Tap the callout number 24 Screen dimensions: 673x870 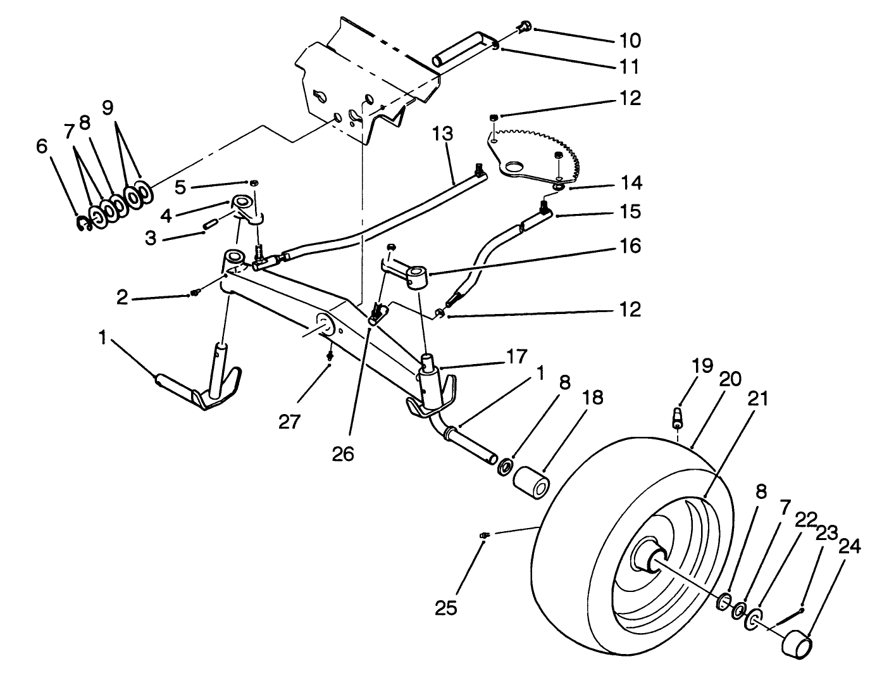point(849,546)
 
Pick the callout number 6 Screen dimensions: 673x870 point(42,146)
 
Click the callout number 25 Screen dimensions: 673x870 point(445,607)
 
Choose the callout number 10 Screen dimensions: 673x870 point(630,40)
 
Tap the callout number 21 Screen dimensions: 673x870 point(757,398)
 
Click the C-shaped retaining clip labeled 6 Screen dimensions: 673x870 point(82,223)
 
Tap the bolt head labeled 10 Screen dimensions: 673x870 point(524,27)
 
